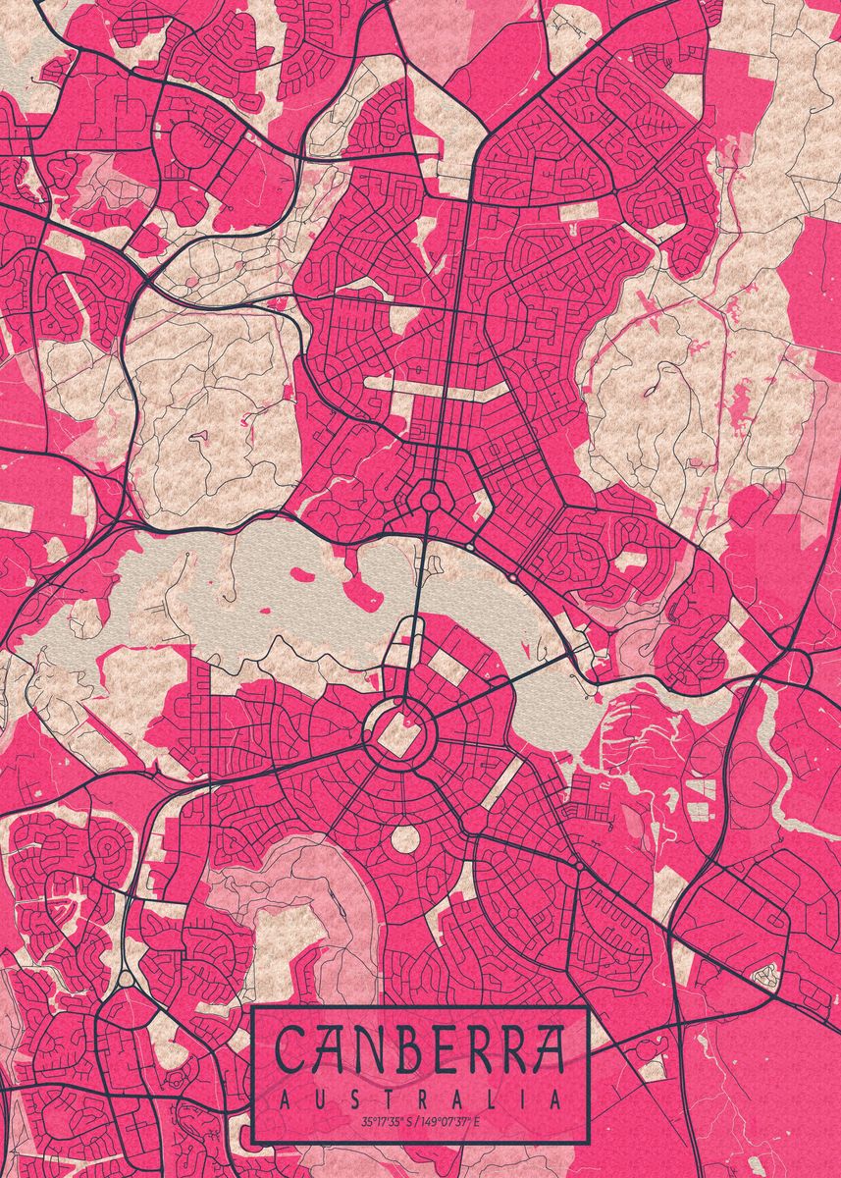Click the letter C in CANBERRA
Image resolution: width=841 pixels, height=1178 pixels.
click(x=291, y=1051)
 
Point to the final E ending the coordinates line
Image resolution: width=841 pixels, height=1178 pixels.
click(x=477, y=1122)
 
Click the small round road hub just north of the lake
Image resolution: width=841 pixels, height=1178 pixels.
click(x=429, y=502)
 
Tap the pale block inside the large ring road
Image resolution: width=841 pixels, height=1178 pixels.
click(x=397, y=734)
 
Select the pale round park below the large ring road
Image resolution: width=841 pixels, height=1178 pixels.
click(x=404, y=839)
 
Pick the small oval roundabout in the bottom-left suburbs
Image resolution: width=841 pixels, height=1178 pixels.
click(x=126, y=979)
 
